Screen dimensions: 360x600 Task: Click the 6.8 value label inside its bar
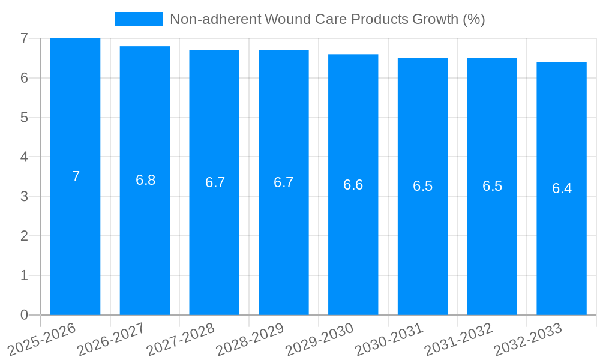pos(145,180)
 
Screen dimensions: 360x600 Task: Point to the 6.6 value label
pos(353,185)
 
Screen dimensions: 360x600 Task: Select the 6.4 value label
pos(562,188)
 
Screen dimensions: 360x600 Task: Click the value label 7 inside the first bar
pos(76,176)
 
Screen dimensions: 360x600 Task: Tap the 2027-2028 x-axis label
pos(181,339)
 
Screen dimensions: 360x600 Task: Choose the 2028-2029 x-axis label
pos(250,339)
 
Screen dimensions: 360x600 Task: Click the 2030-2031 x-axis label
pos(389,339)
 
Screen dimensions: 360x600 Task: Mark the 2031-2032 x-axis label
pos(459,339)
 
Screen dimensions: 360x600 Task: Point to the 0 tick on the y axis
pos(24,315)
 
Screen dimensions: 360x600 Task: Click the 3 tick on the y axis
pos(24,196)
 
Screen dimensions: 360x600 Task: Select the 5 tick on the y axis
pos(24,118)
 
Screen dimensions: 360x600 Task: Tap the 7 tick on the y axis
pos(24,38)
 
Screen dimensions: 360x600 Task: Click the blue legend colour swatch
pos(138,19)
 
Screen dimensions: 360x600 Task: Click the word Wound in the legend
pos(287,19)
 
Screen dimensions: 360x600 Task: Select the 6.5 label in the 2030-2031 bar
pos(422,186)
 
